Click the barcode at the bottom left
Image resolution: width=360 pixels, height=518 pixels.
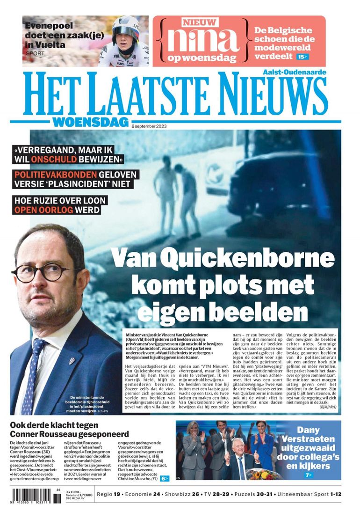coord(34,496)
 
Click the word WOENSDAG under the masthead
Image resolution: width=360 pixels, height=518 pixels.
coord(90,123)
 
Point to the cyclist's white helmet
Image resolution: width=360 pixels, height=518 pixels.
coord(126,26)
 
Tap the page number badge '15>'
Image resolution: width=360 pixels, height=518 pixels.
coord(302,57)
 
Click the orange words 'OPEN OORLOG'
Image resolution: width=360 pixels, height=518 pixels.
coord(44,210)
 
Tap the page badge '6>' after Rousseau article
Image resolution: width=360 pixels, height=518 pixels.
coord(165,478)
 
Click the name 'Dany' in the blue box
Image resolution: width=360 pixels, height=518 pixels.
coord(308,430)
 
